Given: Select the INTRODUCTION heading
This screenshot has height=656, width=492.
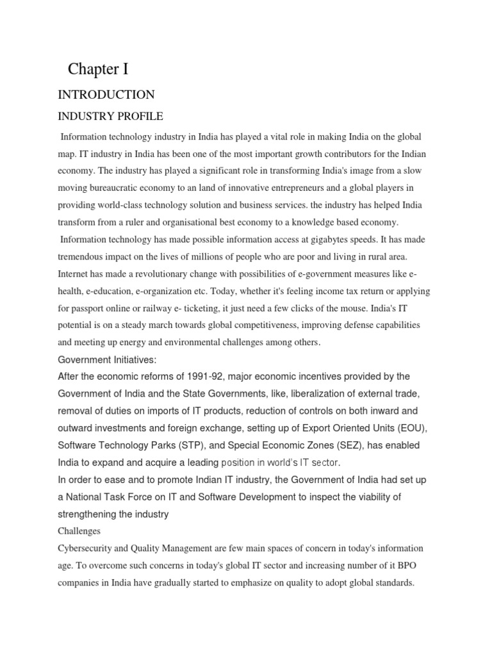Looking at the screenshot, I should (106, 95).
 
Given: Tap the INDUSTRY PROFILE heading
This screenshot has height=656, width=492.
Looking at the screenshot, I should (111, 117).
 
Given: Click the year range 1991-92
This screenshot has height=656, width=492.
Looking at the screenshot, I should (226, 376).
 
